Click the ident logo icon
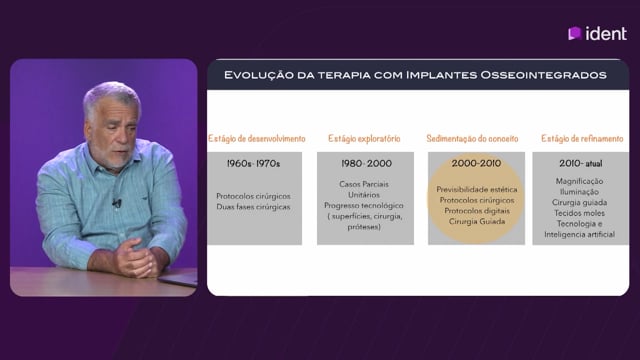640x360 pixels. click(x=575, y=33)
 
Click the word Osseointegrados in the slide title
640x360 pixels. click(x=543, y=75)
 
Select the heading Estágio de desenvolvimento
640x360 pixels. click(x=257, y=139)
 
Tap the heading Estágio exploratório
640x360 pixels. click(x=364, y=139)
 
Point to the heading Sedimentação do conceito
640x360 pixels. click(x=472, y=139)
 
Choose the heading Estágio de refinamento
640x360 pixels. click(x=582, y=139)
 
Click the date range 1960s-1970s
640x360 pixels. click(x=253, y=164)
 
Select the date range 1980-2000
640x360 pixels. click(x=367, y=163)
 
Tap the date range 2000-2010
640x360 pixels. click(x=476, y=163)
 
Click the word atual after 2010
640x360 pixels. click(x=594, y=164)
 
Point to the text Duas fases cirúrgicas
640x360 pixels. click(x=253, y=207)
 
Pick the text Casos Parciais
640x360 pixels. click(x=364, y=184)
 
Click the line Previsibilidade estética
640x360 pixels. click(x=477, y=189)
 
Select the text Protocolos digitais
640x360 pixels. click(x=477, y=211)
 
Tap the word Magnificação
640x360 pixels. click(x=579, y=181)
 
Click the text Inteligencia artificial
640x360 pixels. click(x=580, y=234)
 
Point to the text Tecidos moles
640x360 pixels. click(x=580, y=213)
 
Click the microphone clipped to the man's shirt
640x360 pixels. click(x=117, y=202)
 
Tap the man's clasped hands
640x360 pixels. click(x=136, y=258)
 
